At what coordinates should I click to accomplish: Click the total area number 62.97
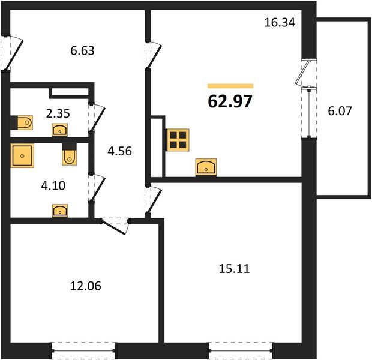pyautogui.click(x=230, y=101)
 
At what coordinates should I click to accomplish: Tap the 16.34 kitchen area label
pyautogui.click(x=280, y=23)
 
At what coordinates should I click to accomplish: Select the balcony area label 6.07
pyautogui.click(x=340, y=111)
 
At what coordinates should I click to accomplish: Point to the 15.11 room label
pyautogui.click(x=234, y=269)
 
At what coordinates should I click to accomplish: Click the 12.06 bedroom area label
pyautogui.click(x=86, y=286)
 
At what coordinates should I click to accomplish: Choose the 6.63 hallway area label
pyautogui.click(x=82, y=50)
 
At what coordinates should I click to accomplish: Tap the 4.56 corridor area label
pyautogui.click(x=119, y=151)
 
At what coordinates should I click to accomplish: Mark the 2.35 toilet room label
pyautogui.click(x=58, y=113)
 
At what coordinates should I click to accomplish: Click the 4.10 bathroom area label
pyautogui.click(x=53, y=186)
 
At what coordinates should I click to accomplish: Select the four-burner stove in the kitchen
pyautogui.click(x=178, y=140)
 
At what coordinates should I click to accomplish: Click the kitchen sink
pyautogui.click(x=206, y=167)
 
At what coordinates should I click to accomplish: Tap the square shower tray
pyautogui.click(x=22, y=155)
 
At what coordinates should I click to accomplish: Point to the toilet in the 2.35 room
pyautogui.click(x=25, y=122)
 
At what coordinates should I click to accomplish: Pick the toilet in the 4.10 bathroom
pyautogui.click(x=69, y=157)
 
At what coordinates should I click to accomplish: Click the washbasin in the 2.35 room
pyautogui.click(x=60, y=130)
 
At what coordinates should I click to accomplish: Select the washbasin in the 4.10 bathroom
pyautogui.click(x=60, y=211)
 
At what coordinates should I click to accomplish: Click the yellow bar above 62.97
pyautogui.click(x=230, y=86)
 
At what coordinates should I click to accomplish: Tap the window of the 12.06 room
pyautogui.click(x=83, y=350)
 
